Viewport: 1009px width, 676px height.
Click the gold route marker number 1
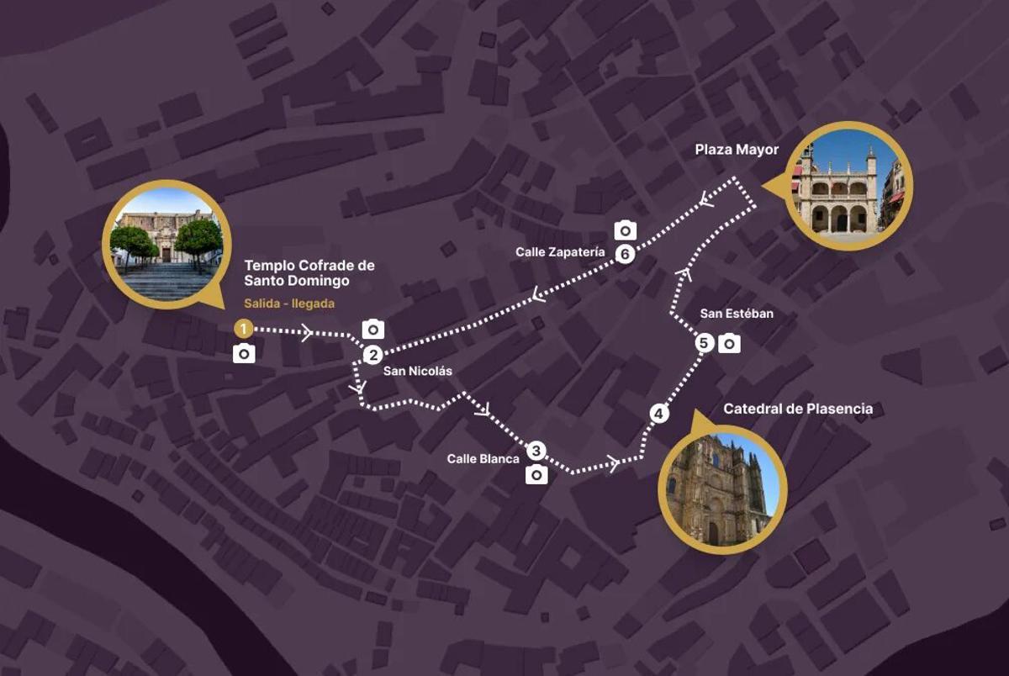click(x=243, y=328)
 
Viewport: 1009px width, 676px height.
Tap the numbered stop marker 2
click(x=373, y=355)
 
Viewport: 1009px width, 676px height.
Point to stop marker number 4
click(x=659, y=414)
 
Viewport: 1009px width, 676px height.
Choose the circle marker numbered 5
click(x=705, y=343)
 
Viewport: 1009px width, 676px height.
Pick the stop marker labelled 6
click(x=624, y=254)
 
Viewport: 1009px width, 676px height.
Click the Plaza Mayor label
click(x=737, y=151)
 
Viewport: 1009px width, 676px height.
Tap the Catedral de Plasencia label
click(x=798, y=409)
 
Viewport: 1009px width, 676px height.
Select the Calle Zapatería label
click(x=560, y=251)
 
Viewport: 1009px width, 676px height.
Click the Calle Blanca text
click(x=483, y=459)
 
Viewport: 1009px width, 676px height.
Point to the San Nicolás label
click(x=417, y=371)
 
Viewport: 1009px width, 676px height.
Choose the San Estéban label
click(x=736, y=314)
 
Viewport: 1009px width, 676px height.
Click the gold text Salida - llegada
click(x=289, y=304)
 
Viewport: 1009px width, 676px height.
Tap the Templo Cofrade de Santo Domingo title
click(x=309, y=273)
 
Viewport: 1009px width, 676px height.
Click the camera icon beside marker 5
click(x=730, y=343)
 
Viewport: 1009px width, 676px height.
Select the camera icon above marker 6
click(x=625, y=230)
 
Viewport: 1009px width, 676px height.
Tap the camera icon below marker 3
click(x=536, y=476)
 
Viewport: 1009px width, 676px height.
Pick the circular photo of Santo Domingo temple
click(x=166, y=245)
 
